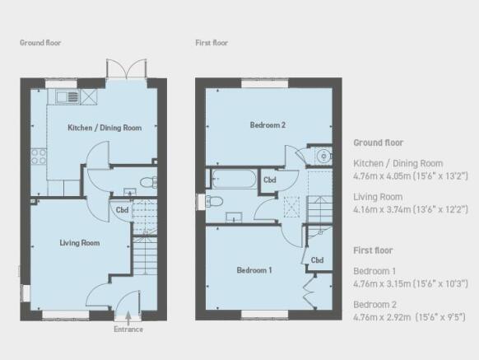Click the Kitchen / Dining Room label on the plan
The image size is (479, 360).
pyautogui.click(x=104, y=128)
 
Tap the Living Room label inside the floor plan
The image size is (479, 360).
pyautogui.click(x=80, y=243)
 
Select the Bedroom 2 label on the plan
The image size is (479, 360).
pyautogui.click(x=267, y=125)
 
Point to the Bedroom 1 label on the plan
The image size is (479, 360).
pyautogui.click(x=255, y=270)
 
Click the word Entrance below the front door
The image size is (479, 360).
pyautogui.click(x=128, y=330)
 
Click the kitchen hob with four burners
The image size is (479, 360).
pyautogui.click(x=38, y=153)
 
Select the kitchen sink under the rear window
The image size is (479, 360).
pyautogui.click(x=68, y=96)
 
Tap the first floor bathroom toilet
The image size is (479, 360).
pyautogui.click(x=216, y=200)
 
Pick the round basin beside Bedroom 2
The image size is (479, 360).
pyautogui.click(x=322, y=153)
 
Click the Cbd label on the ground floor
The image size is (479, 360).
pyautogui.click(x=122, y=208)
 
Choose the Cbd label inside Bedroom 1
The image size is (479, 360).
pyautogui.click(x=317, y=259)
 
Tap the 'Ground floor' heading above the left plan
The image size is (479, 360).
pyautogui.click(x=40, y=43)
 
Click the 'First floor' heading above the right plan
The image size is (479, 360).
pyautogui.click(x=212, y=43)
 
